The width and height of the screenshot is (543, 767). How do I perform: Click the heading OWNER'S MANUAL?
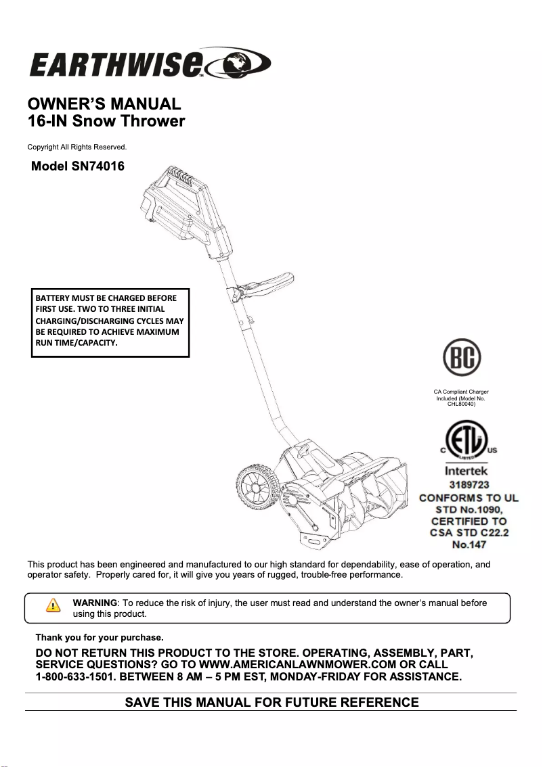(x=104, y=105)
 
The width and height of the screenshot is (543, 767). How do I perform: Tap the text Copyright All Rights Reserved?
(x=77, y=147)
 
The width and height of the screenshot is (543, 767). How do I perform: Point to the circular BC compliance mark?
(x=461, y=357)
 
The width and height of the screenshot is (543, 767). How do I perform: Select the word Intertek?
(x=466, y=471)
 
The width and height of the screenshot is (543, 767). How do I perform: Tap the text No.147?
(x=469, y=544)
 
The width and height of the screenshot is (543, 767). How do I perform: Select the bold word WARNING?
(x=95, y=603)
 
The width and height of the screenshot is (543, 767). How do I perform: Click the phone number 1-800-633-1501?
(x=77, y=677)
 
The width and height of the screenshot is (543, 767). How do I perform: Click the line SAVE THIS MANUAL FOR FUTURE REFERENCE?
(x=271, y=702)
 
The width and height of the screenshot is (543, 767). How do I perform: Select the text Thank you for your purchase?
(x=100, y=637)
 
